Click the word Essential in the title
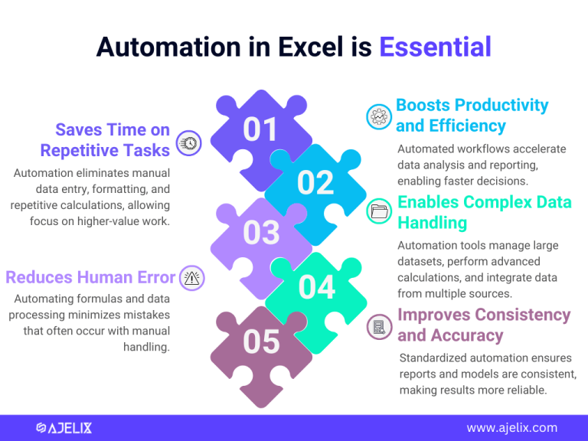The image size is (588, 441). (x=435, y=47)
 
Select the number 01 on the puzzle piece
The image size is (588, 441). (x=260, y=130)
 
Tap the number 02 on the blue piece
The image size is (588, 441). (x=315, y=183)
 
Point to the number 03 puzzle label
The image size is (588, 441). (x=261, y=233)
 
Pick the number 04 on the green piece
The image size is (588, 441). (x=316, y=287)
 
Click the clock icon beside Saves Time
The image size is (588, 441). (x=188, y=142)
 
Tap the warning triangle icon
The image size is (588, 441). (x=191, y=279)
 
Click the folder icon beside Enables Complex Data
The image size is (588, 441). (x=380, y=212)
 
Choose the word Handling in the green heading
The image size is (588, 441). (x=432, y=223)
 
